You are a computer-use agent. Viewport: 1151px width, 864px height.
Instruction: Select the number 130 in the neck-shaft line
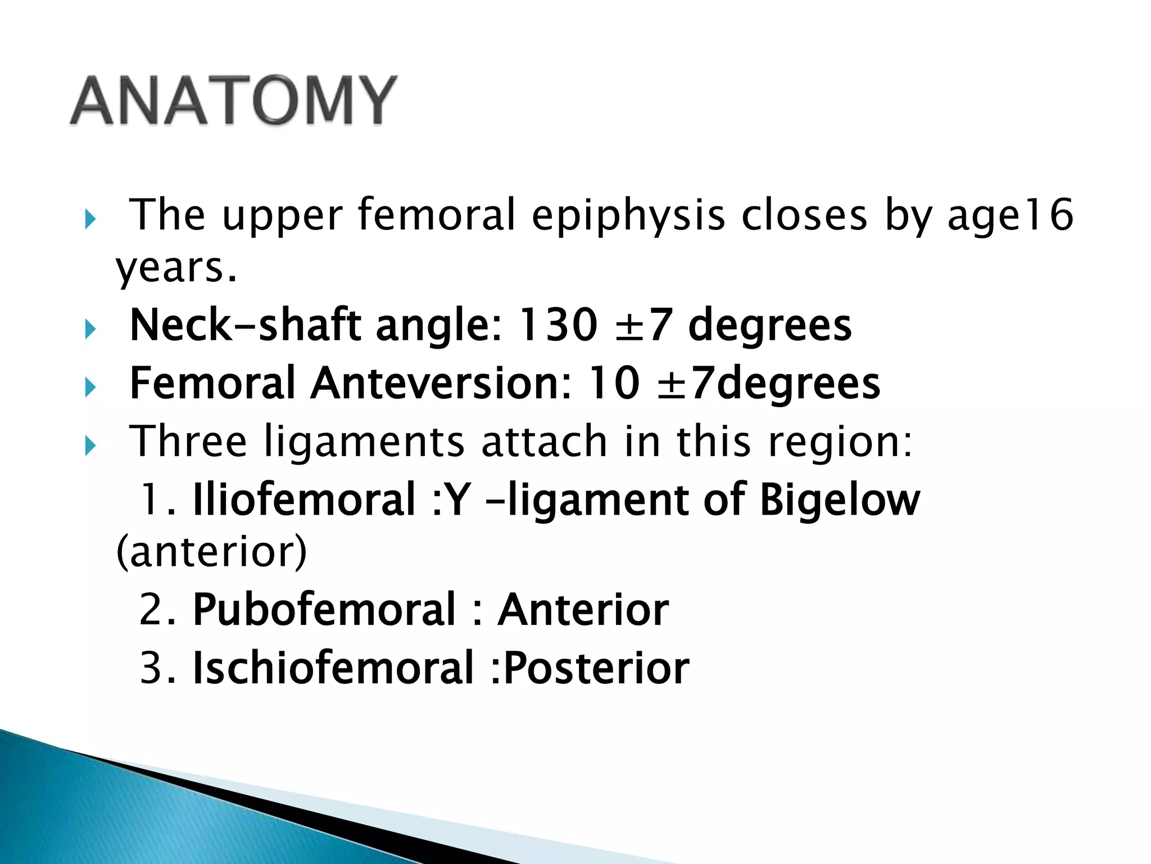coord(557,325)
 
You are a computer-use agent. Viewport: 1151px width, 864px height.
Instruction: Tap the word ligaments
coord(364,442)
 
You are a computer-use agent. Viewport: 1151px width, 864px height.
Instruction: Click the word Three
coord(188,442)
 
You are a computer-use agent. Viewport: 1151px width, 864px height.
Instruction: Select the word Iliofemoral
coord(303,499)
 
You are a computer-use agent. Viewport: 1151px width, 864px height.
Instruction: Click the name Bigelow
coord(840,499)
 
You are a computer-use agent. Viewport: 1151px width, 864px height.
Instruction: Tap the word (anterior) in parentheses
coord(211,552)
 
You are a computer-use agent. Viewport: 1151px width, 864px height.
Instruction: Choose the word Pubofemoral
coord(324,610)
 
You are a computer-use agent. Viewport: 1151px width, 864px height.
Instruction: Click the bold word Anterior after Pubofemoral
coord(583,610)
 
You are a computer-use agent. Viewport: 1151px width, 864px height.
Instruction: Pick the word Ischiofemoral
coord(333,668)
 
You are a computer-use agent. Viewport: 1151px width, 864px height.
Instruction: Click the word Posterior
coord(596,668)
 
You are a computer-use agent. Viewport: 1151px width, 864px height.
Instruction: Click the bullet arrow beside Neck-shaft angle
coord(90,328)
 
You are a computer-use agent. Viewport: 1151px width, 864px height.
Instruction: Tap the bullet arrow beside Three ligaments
coord(90,445)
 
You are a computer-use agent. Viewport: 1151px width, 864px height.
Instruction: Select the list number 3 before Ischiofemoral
coord(151,668)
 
